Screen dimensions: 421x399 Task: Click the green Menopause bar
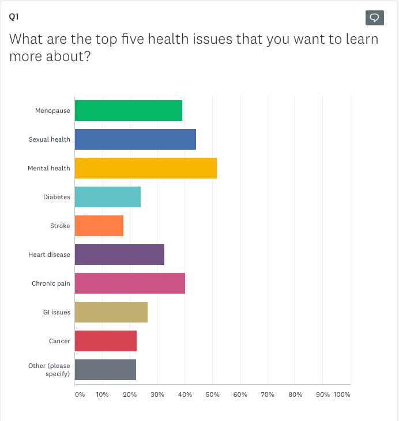point(128,111)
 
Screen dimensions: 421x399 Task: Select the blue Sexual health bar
point(135,139)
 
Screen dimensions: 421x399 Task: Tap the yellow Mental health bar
point(145,168)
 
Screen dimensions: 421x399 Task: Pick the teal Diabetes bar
point(107,197)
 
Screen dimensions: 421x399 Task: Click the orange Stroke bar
point(99,226)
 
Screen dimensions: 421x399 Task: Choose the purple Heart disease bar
point(119,255)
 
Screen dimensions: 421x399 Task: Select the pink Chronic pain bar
point(130,283)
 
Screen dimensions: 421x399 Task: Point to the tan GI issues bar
point(111,312)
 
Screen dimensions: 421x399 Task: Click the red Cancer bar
point(106,341)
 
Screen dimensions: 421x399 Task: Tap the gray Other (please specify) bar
point(105,370)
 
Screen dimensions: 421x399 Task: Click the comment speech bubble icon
point(374,18)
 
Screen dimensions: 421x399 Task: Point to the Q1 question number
point(13,17)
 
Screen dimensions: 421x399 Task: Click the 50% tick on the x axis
point(212,395)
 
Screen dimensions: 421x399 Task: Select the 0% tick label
point(80,395)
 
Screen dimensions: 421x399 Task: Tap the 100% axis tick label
point(342,395)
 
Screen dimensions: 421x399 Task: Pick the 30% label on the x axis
point(157,395)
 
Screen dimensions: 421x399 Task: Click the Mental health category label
point(49,168)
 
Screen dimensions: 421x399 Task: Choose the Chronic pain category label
point(51,283)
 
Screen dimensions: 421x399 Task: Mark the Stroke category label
point(60,226)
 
